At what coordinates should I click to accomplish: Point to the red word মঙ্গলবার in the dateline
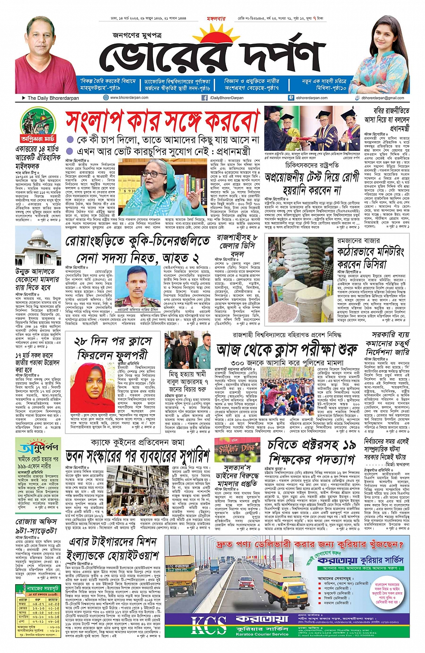point(215,19)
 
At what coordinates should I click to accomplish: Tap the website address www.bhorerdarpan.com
point(129,98)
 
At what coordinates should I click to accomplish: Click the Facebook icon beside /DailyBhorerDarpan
point(205,98)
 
